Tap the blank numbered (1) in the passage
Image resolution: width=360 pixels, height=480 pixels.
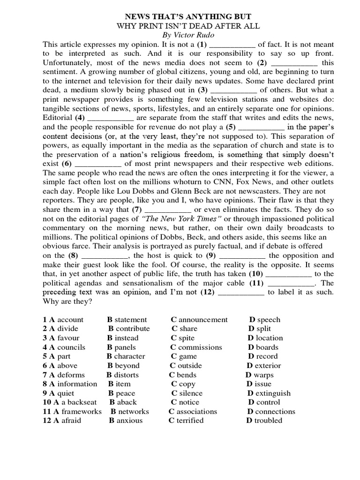tap(232, 45)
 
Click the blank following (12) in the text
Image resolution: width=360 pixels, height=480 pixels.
tap(241, 292)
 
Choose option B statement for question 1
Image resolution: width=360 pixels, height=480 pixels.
tap(127, 320)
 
